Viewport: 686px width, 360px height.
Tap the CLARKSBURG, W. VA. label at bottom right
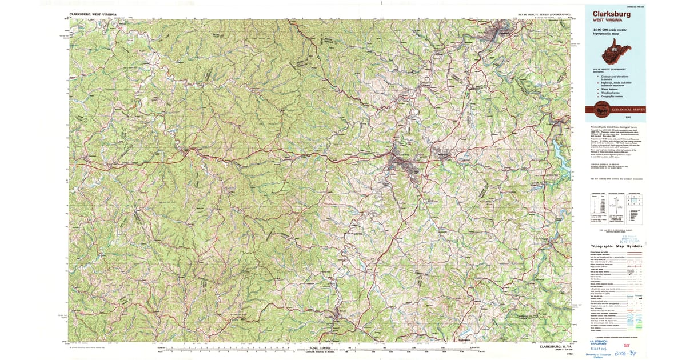point(550,346)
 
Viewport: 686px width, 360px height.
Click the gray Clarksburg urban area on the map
point(403,166)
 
